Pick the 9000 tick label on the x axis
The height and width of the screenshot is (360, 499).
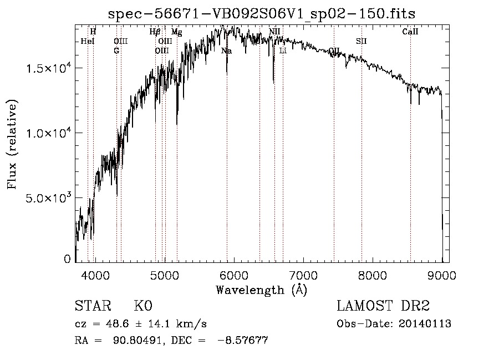(x=441, y=275)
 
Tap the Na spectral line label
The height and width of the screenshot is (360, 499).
(x=226, y=51)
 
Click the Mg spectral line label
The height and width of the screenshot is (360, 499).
(x=176, y=32)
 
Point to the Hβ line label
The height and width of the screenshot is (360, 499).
(x=155, y=32)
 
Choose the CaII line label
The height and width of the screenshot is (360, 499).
(x=410, y=32)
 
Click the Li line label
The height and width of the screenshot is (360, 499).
(x=283, y=51)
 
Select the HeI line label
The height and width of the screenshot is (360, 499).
(x=88, y=42)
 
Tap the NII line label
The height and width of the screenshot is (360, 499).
(x=274, y=32)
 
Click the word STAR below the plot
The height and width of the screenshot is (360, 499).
(x=92, y=307)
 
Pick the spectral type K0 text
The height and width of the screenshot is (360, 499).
(x=142, y=307)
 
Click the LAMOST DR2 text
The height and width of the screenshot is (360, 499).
(x=383, y=307)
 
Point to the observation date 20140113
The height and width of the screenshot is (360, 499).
(x=425, y=324)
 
